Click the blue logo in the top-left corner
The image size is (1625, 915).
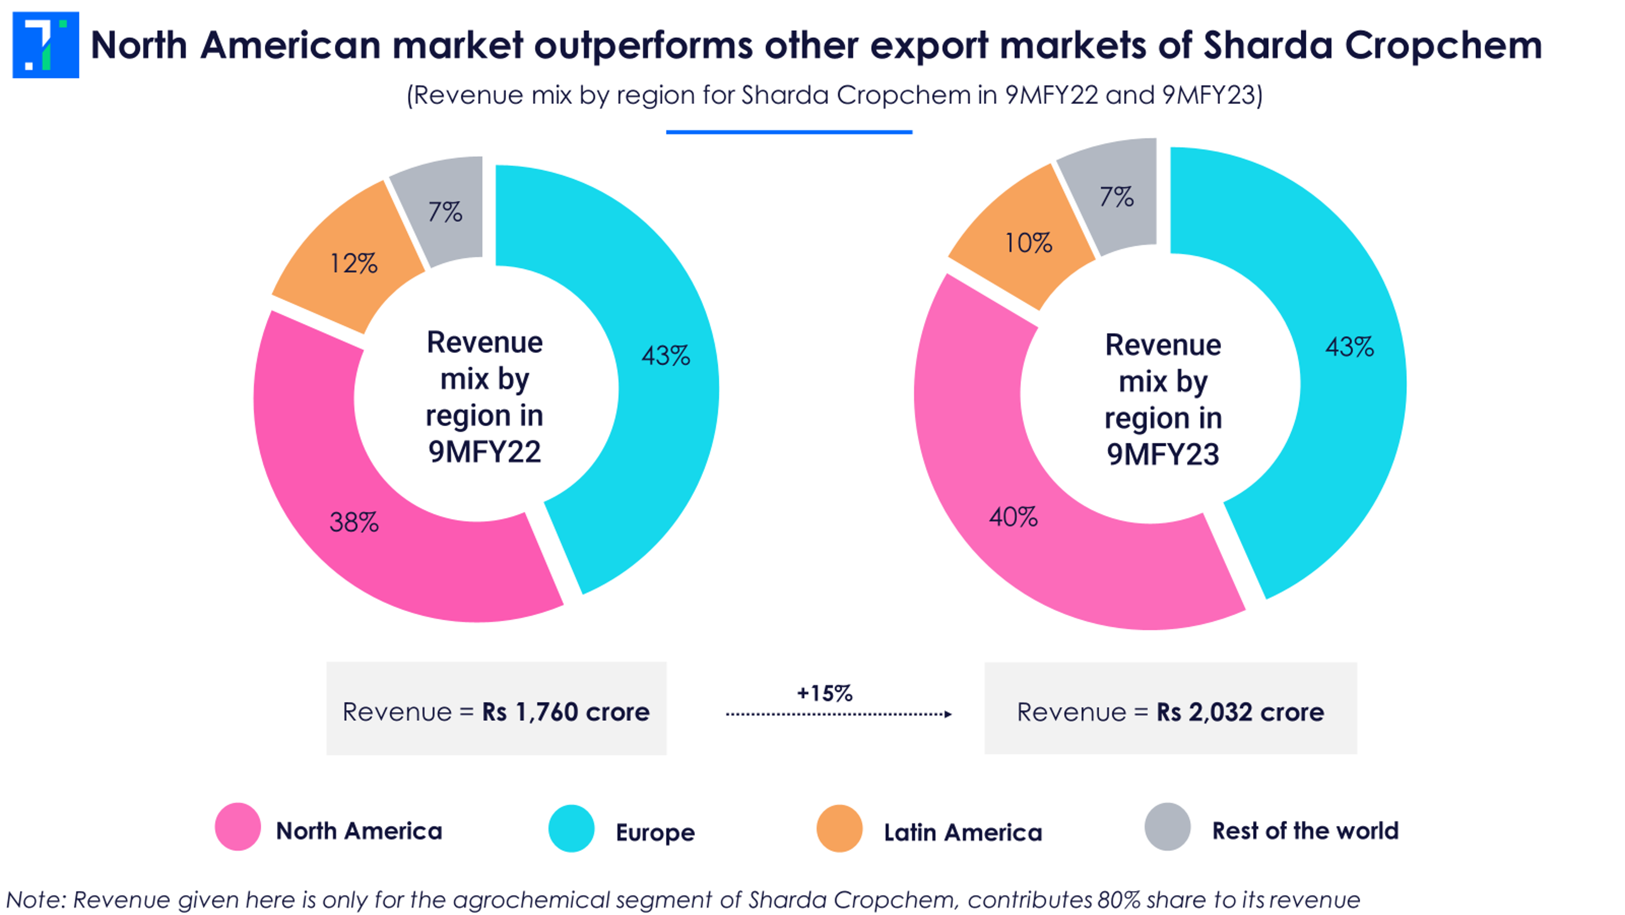(46, 45)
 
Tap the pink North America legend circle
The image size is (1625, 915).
(238, 827)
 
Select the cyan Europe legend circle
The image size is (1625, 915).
(571, 828)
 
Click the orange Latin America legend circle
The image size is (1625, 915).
(839, 828)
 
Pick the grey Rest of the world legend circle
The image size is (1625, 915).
(1168, 827)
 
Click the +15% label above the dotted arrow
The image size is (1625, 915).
(825, 694)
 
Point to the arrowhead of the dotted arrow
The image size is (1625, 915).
(947, 714)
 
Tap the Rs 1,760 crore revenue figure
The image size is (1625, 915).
(565, 712)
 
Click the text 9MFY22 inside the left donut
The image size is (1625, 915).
(484, 452)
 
